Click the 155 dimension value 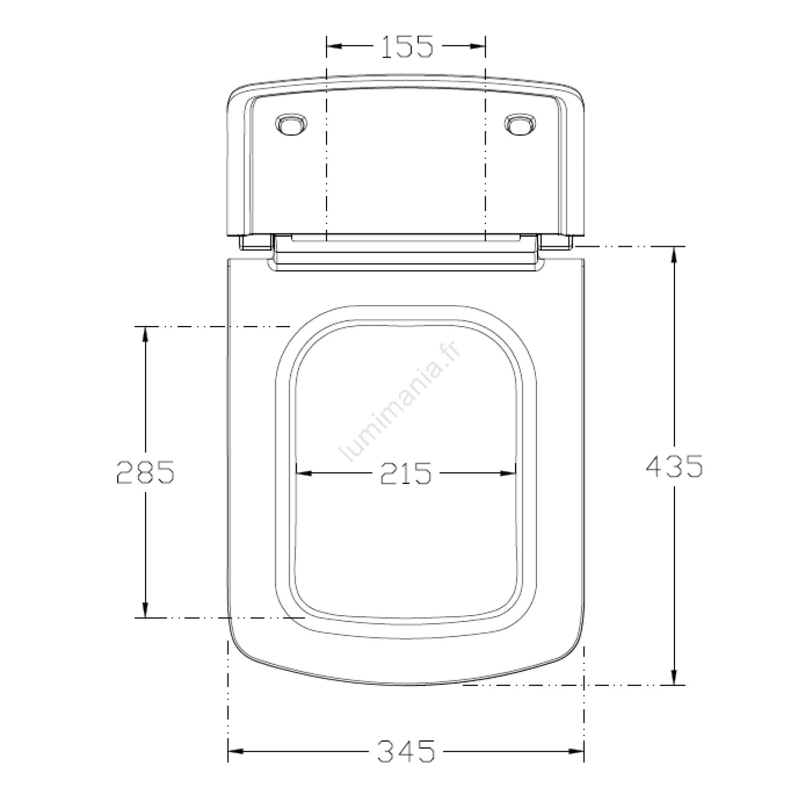tap(407, 47)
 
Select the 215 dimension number tap(405, 473)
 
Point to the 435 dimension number tap(674, 466)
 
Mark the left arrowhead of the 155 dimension tap(334, 46)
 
